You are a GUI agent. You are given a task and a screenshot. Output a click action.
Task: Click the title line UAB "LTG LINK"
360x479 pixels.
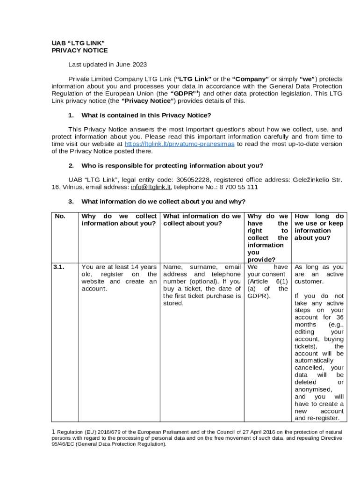pyautogui.click(x=75, y=43)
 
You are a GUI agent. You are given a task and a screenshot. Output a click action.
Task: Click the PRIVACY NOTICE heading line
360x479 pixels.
pyautogui.click(x=79, y=51)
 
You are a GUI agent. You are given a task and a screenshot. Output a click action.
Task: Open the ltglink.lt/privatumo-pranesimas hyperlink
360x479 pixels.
pyautogui.click(x=180, y=144)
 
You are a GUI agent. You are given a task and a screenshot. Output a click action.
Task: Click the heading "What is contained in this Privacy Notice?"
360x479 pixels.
pyautogui.click(x=146, y=115)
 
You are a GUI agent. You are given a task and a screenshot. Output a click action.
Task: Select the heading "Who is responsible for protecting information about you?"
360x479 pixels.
pyautogui.click(x=172, y=166)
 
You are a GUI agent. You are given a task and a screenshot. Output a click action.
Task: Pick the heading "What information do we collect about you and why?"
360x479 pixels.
pyautogui.click(x=163, y=202)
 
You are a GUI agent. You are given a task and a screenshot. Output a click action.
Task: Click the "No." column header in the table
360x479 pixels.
pyautogui.click(x=60, y=216)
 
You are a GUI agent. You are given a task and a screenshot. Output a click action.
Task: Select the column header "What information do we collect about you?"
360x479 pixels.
pyautogui.click(x=202, y=220)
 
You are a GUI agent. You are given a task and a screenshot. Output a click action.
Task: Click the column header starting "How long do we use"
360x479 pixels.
pyautogui.click(x=319, y=227)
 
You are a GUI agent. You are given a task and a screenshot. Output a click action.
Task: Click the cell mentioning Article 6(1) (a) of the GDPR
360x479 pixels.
pyautogui.click(x=267, y=281)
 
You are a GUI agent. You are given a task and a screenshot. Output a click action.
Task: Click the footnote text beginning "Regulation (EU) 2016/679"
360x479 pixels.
pyautogui.click(x=196, y=438)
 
